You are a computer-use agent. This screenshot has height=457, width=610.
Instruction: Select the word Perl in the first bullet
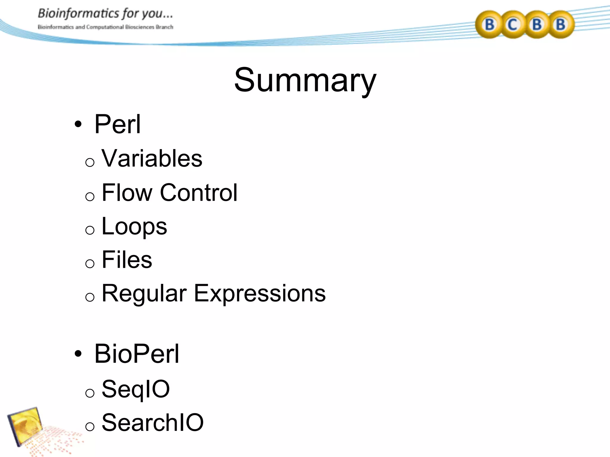[117, 124]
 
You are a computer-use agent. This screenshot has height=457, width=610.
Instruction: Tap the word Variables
[152, 158]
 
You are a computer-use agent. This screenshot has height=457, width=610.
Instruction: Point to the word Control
[199, 192]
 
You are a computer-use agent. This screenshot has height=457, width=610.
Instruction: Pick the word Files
[127, 260]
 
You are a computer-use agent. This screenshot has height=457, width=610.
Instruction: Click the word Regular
[144, 294]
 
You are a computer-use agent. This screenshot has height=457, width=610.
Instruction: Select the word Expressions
[260, 294]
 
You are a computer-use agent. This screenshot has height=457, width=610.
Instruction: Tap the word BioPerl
[137, 354]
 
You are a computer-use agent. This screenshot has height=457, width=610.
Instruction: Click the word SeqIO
[136, 389]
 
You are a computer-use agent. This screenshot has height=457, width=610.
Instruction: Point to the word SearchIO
[152, 422]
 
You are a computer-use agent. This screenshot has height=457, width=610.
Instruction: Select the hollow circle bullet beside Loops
[90, 230]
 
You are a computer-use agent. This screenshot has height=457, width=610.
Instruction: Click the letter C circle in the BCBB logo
[513, 24]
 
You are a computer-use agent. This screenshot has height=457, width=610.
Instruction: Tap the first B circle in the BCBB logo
[489, 24]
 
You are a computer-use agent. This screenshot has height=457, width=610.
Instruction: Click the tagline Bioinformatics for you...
[105, 14]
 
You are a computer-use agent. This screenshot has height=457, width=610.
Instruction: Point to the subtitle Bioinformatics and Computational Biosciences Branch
[105, 27]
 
